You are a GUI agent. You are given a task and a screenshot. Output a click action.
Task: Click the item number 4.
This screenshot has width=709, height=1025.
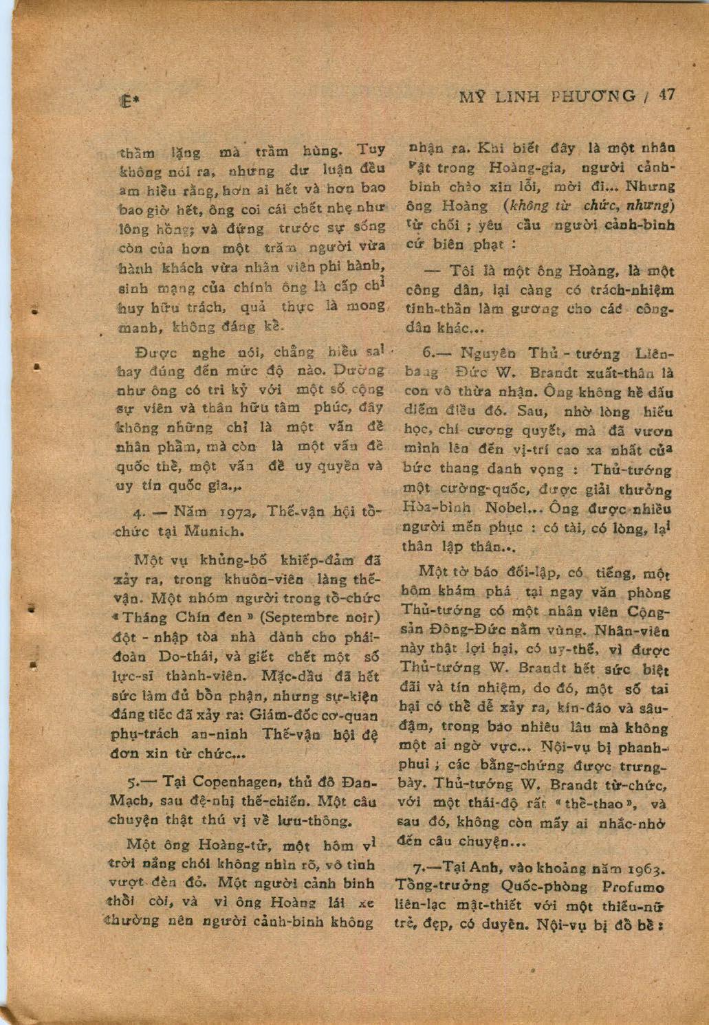[x=138, y=513]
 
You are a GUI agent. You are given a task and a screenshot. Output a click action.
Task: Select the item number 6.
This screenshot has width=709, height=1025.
[x=426, y=354]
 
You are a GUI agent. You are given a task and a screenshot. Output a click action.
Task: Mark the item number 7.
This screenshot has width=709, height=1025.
[x=403, y=868]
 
